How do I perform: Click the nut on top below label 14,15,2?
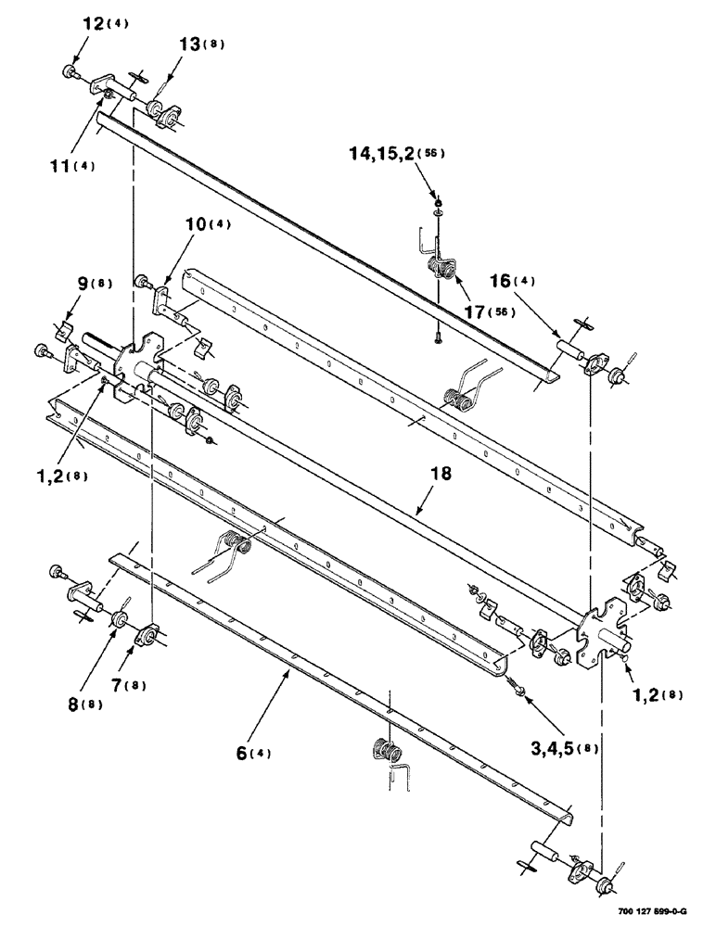pyautogui.click(x=437, y=203)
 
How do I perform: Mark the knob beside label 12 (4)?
pyautogui.click(x=70, y=72)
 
